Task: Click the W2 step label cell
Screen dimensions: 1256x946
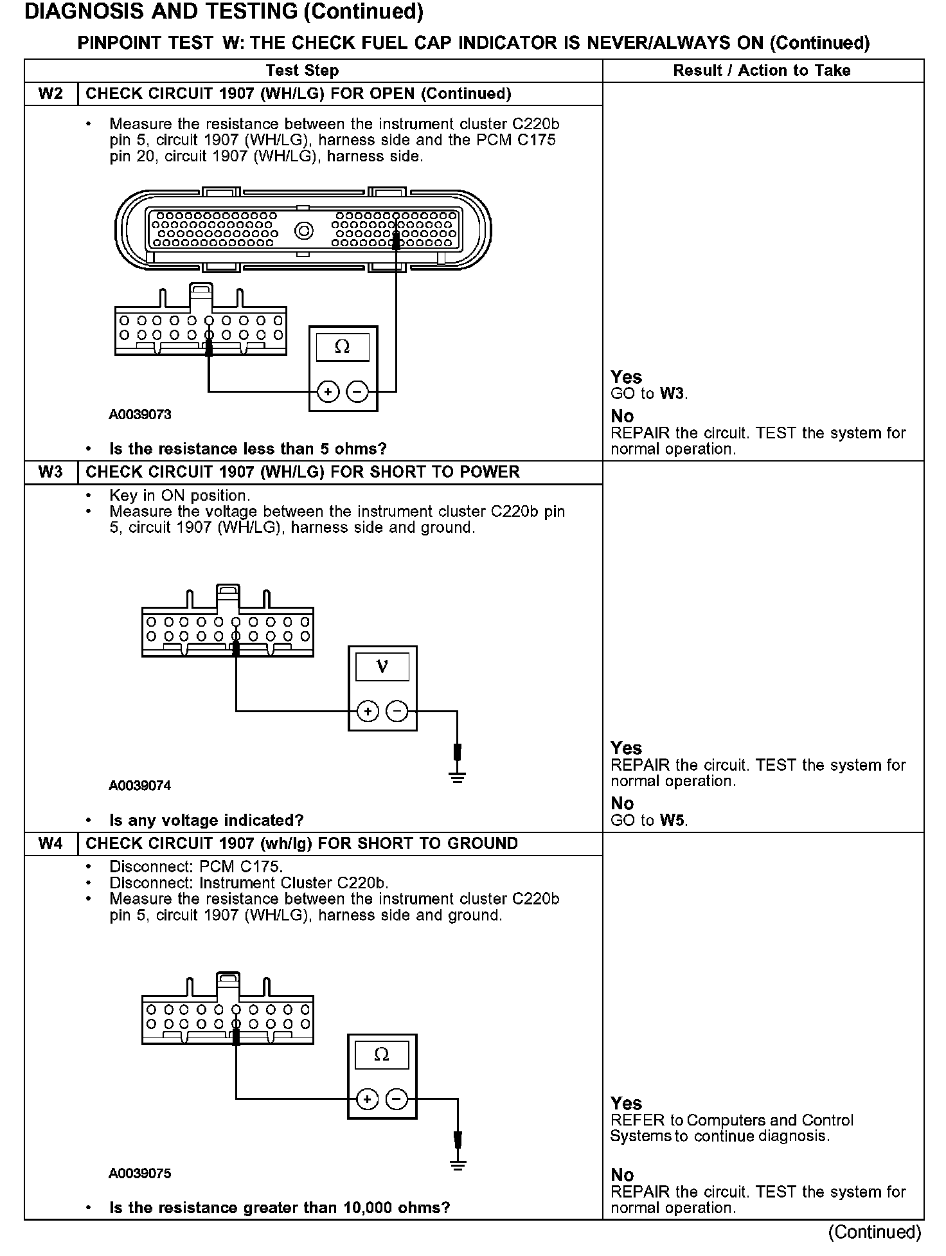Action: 51,94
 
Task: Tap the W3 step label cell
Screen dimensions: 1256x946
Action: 51,472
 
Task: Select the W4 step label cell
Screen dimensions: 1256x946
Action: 51,843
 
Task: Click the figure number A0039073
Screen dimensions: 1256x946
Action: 140,415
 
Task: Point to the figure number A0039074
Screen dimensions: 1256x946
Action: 140,785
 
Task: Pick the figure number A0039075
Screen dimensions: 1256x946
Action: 140,1173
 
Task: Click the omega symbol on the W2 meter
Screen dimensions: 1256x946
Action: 343,348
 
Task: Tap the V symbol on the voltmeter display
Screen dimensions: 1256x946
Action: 382,667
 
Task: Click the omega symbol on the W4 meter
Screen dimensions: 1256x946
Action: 382,1055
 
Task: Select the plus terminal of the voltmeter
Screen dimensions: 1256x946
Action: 368,711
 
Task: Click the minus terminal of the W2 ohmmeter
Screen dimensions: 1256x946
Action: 358,391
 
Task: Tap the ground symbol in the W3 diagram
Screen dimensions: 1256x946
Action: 458,778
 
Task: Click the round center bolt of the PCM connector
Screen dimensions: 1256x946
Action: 303,231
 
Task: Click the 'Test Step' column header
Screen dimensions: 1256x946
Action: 302,71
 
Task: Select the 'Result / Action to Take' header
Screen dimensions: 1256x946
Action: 762,71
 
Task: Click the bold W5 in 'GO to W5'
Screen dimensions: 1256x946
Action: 672,820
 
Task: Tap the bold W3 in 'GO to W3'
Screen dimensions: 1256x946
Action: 672,393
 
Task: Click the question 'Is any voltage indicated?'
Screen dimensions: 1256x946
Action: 206,820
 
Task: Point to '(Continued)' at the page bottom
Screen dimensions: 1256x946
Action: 875,1232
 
